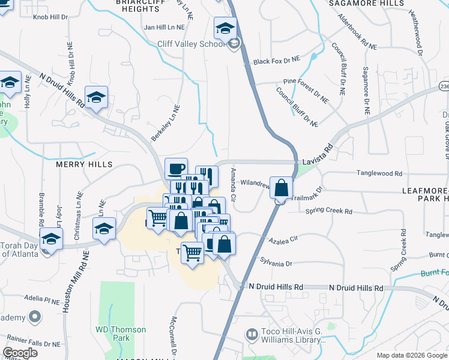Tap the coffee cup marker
click(x=176, y=169)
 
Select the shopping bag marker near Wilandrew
click(x=281, y=188)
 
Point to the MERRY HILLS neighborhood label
click(x=84, y=164)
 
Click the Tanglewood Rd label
click(x=379, y=173)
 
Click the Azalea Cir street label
click(x=284, y=239)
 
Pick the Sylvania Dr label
click(x=276, y=263)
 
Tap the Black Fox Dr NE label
click(x=276, y=61)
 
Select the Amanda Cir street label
click(x=233, y=185)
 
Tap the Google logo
click(x=20, y=353)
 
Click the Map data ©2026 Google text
click(x=411, y=355)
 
